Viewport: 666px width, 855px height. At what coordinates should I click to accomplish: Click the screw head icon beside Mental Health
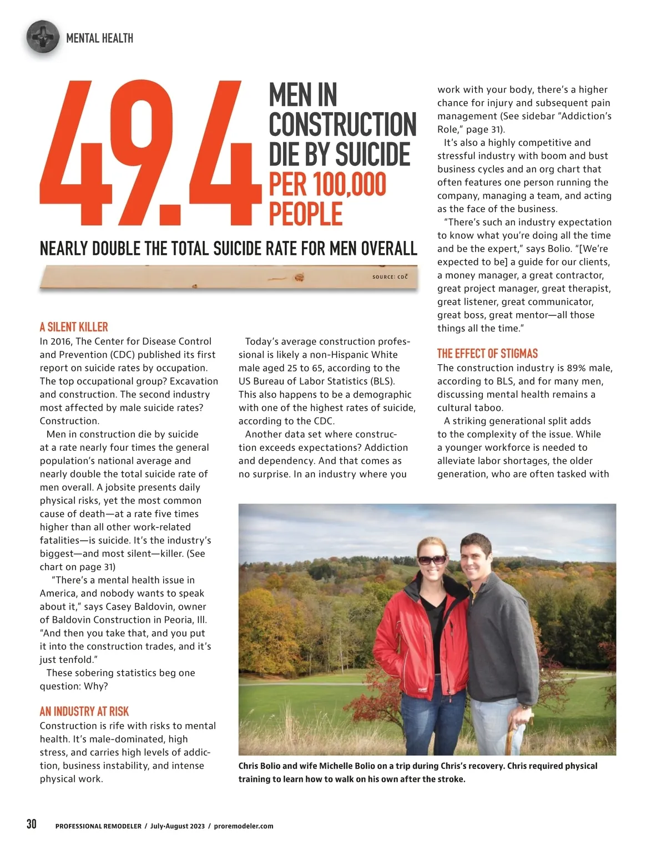pos(42,37)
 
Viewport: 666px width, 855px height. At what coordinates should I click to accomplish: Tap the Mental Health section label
pos(99,38)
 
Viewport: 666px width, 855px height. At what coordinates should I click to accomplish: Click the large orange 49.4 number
pos(150,153)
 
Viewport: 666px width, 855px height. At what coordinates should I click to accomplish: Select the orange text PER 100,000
pos(327,184)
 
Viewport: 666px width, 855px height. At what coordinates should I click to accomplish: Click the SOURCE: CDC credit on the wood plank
pos(390,276)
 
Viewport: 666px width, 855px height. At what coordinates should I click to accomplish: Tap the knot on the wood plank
pos(299,277)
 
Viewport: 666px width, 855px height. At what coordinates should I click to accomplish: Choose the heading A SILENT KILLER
pos(74,326)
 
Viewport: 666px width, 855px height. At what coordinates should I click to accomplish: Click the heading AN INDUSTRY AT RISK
pos(84,711)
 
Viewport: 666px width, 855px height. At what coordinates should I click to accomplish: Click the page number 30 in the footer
pos(32,824)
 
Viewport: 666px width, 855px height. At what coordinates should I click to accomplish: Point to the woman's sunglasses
pos(431,560)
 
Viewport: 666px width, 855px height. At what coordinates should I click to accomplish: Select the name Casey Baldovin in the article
pos(139,606)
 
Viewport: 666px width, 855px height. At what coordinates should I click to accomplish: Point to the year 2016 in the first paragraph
pos(61,341)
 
